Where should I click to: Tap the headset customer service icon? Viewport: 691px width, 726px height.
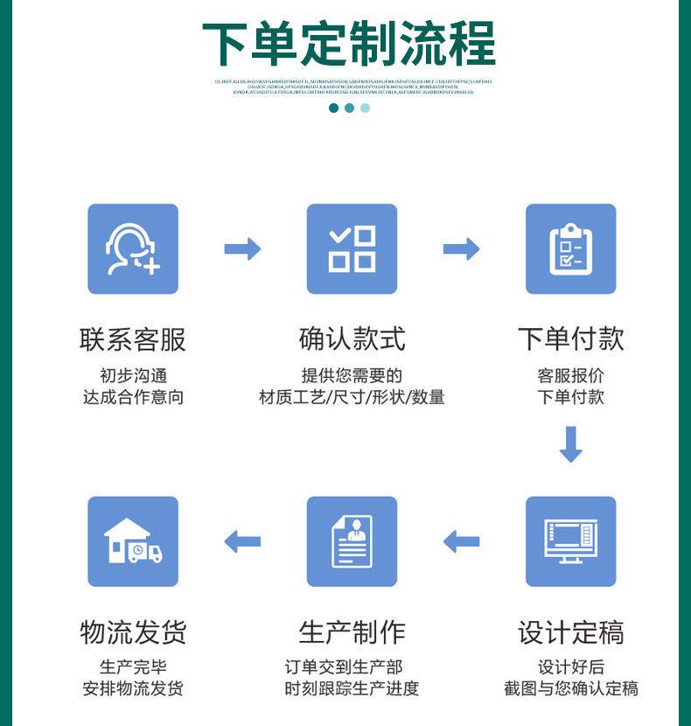tap(133, 249)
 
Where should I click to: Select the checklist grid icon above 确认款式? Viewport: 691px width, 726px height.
tap(352, 249)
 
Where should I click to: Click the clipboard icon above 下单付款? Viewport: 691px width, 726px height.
tap(570, 249)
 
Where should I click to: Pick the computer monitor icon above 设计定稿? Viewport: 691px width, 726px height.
tap(570, 541)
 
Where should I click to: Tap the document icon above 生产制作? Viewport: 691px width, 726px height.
tap(352, 541)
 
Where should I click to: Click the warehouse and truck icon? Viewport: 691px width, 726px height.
tap(133, 541)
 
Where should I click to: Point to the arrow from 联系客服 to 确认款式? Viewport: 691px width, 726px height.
tap(242, 249)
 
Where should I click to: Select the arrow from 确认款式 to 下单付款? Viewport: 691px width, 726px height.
tap(461, 249)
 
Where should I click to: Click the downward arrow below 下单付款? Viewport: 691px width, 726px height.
tap(570, 444)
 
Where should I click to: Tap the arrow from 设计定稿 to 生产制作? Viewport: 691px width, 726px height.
tap(461, 541)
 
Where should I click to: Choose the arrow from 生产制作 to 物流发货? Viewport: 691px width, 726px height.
tap(242, 541)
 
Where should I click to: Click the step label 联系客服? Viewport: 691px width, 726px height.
tap(133, 339)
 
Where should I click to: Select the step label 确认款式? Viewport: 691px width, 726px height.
tap(352, 339)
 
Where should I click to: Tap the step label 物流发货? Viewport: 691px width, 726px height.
tap(133, 632)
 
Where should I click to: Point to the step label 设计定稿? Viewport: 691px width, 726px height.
tap(570, 632)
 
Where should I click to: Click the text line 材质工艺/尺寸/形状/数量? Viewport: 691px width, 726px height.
tap(352, 397)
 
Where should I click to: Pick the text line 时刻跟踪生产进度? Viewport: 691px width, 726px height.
tap(352, 688)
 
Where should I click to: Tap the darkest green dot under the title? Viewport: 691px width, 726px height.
tap(333, 108)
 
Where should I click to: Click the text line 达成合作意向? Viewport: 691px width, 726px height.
tap(133, 397)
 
